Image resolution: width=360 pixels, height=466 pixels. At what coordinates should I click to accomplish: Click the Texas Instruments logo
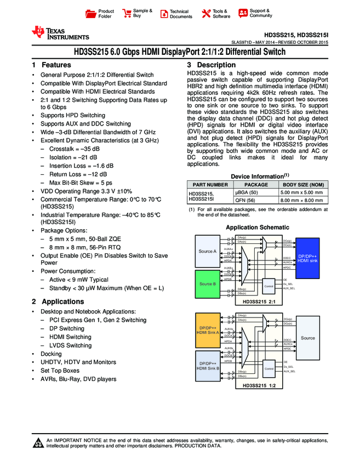pyautogui.click(x=60, y=33)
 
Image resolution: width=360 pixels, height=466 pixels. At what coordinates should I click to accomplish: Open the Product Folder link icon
pyautogui.click(x=91, y=14)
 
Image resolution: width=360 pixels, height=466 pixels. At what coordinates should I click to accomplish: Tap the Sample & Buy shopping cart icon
pyautogui.click(x=127, y=13)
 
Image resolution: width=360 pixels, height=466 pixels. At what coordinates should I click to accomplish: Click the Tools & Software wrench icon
pyautogui.click(x=206, y=14)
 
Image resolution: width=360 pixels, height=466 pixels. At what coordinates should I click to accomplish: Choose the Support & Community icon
pyautogui.click(x=243, y=13)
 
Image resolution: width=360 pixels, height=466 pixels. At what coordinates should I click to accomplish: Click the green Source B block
pyautogui.click(x=207, y=284)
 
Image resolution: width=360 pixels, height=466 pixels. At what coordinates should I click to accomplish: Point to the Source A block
pyautogui.click(x=207, y=251)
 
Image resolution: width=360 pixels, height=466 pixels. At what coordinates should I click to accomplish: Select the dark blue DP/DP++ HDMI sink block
pyautogui.click(x=307, y=258)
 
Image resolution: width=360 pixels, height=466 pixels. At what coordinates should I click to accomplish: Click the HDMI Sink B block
pyautogui.click(x=208, y=366)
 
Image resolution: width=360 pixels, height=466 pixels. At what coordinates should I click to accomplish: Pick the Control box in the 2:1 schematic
pyautogui.click(x=268, y=286)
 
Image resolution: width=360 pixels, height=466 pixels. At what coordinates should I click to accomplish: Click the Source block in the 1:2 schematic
pyautogui.click(x=308, y=338)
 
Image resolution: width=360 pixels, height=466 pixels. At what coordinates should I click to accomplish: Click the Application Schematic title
pyautogui.click(x=258, y=228)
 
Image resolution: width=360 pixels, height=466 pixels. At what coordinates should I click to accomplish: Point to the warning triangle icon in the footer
pyautogui.click(x=38, y=443)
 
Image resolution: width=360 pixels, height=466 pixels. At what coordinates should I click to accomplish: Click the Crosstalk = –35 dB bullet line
pyautogui.click(x=75, y=149)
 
